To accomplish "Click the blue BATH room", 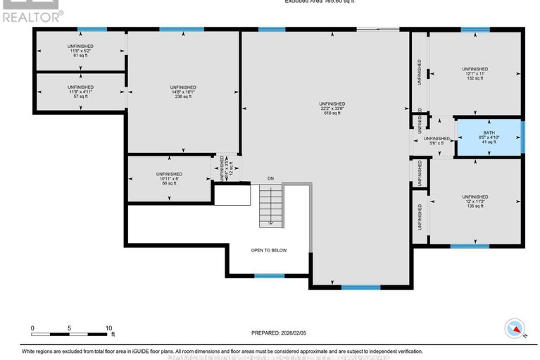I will coord(489,137).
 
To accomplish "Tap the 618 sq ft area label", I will coord(332,113).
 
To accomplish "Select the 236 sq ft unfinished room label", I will coord(182,97).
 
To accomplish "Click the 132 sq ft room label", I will coord(474,78).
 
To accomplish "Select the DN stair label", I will coord(270,178).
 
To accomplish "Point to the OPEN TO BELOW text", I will coord(269,250).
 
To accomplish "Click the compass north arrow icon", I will coord(515,328).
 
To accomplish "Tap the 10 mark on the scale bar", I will coord(108,328).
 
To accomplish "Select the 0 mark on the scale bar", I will coord(32,328).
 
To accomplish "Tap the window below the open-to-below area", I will coord(268,275).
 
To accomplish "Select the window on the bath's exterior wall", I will coord(523,137).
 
